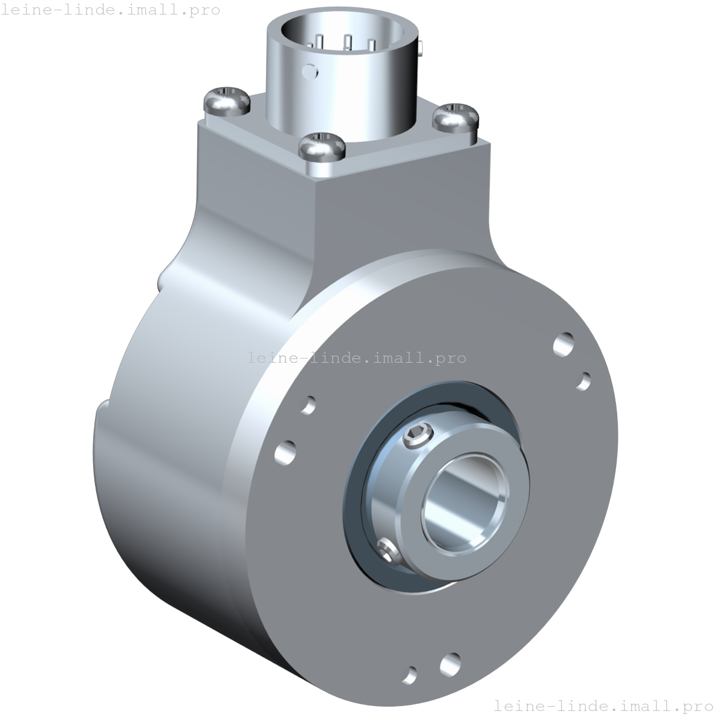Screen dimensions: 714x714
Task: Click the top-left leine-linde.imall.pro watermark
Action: [x=110, y=10]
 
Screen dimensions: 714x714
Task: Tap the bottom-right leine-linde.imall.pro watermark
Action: [x=603, y=705]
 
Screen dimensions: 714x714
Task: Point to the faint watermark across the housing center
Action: [x=357, y=358]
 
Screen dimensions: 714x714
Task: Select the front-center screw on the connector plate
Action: [x=322, y=146]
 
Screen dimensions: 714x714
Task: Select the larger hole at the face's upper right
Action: [x=564, y=344]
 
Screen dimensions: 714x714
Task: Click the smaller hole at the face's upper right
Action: [x=584, y=381]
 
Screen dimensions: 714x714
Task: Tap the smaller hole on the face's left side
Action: [x=308, y=404]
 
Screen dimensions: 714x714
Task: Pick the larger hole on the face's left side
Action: [x=285, y=452]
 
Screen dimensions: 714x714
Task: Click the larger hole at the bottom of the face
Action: [x=450, y=664]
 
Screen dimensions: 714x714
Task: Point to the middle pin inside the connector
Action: [x=348, y=42]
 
